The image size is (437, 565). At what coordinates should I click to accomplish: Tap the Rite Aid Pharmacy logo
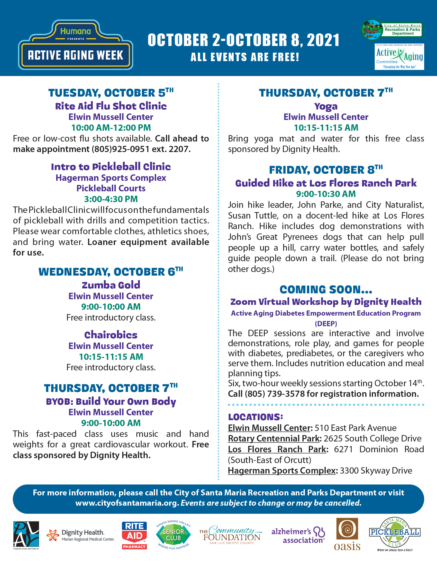point(134,535)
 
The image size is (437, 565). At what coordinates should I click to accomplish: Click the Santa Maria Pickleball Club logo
point(395,534)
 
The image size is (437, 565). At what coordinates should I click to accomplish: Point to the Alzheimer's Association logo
point(298,535)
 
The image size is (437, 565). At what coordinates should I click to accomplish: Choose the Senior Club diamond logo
point(173,535)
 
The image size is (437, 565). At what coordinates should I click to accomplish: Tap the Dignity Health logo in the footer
point(80,535)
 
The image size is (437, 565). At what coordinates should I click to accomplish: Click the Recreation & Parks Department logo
point(392,30)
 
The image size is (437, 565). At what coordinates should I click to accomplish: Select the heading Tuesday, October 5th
point(111,93)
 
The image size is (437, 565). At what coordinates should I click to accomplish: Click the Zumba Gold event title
point(111,285)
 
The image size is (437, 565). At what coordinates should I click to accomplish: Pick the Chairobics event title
point(111,335)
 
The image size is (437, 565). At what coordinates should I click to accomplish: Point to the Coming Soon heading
point(326,290)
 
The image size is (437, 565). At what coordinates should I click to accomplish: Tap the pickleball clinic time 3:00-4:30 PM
point(111,199)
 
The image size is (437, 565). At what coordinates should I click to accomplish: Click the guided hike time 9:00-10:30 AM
point(326,194)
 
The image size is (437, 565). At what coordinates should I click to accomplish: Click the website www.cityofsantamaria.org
point(127,503)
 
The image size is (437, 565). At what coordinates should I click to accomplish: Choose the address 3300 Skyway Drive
point(376,470)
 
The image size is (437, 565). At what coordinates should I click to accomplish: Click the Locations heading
point(256,417)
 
